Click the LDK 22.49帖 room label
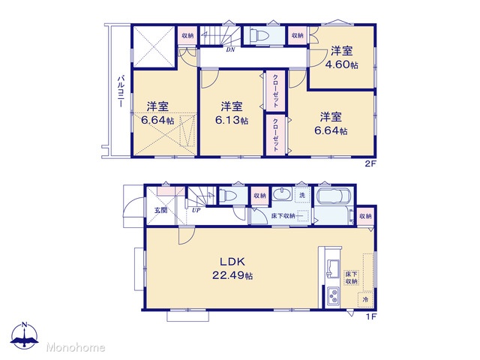point(232,268)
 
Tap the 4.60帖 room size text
point(341,64)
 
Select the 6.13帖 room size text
point(232,120)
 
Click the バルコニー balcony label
point(121,91)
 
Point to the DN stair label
point(230,49)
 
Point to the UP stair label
point(196,210)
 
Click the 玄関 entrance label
point(160,210)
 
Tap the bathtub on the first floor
point(334,195)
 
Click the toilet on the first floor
point(227,195)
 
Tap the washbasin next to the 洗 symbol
point(282,193)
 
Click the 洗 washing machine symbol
point(302,195)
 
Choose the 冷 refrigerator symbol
point(365,299)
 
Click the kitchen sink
point(333,268)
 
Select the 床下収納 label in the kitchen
point(351,277)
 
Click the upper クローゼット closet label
point(275,91)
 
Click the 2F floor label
point(370,163)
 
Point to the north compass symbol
point(25,336)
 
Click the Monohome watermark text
point(75,347)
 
